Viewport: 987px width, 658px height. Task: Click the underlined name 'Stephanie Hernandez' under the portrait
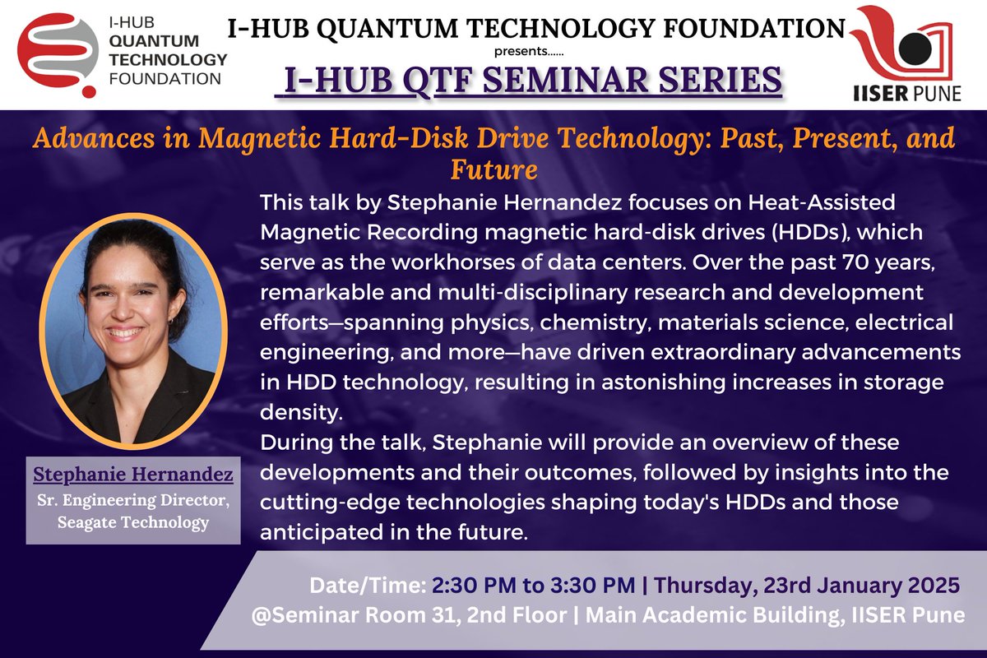(133, 475)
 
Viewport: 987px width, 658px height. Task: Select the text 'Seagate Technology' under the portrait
(133, 522)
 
